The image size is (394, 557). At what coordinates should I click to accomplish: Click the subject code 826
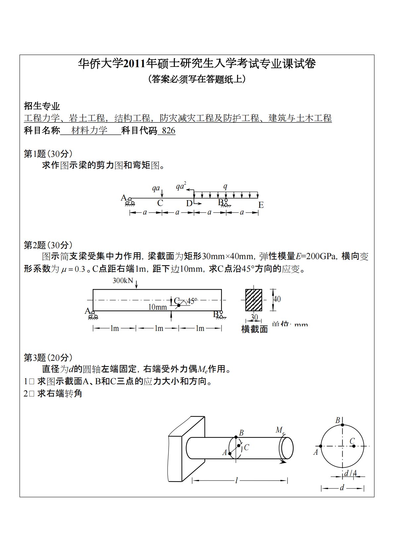tap(169, 131)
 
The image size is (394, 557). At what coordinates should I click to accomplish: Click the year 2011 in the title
tap(135, 64)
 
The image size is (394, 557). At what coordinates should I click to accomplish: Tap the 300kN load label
tap(123, 281)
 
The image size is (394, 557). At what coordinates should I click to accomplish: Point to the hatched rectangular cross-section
tap(254, 300)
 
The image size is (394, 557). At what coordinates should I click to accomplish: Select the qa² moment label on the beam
tap(181, 186)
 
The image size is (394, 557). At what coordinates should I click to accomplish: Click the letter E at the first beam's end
tap(261, 205)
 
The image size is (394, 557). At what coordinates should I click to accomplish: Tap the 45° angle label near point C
tap(191, 301)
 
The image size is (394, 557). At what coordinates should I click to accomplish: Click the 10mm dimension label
tap(158, 307)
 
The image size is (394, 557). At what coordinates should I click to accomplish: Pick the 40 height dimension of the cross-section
tap(277, 299)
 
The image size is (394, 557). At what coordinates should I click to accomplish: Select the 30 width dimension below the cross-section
tap(254, 317)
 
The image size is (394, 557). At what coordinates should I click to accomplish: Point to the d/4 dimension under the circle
tap(350, 473)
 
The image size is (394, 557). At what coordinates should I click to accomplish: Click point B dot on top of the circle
tap(342, 425)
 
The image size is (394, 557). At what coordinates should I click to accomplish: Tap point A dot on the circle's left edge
tap(320, 446)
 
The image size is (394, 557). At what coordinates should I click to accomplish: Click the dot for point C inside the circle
tap(354, 446)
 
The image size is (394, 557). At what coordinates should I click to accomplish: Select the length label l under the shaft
tap(236, 480)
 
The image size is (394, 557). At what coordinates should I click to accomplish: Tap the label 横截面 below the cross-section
tap(254, 329)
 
